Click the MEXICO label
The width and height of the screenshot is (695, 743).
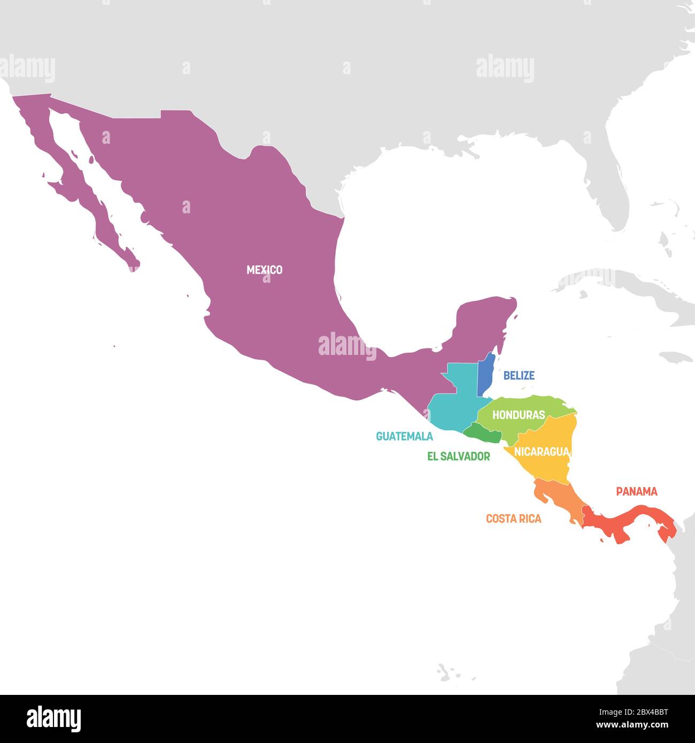coord(264,270)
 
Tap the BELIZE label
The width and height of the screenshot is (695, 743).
coord(519,375)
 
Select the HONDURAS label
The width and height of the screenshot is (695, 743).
coord(518,415)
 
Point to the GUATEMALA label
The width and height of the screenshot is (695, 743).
coord(404,436)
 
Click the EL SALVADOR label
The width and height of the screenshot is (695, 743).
coord(458,456)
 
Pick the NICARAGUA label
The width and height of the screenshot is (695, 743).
coord(541,452)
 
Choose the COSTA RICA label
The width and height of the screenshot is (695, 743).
coord(513,518)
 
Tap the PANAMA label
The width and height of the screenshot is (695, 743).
coord(636,491)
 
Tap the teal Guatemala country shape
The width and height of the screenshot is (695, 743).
coord(454,406)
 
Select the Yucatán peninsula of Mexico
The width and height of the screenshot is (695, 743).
coord(484,326)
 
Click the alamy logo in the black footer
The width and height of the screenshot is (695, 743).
coord(54,718)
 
